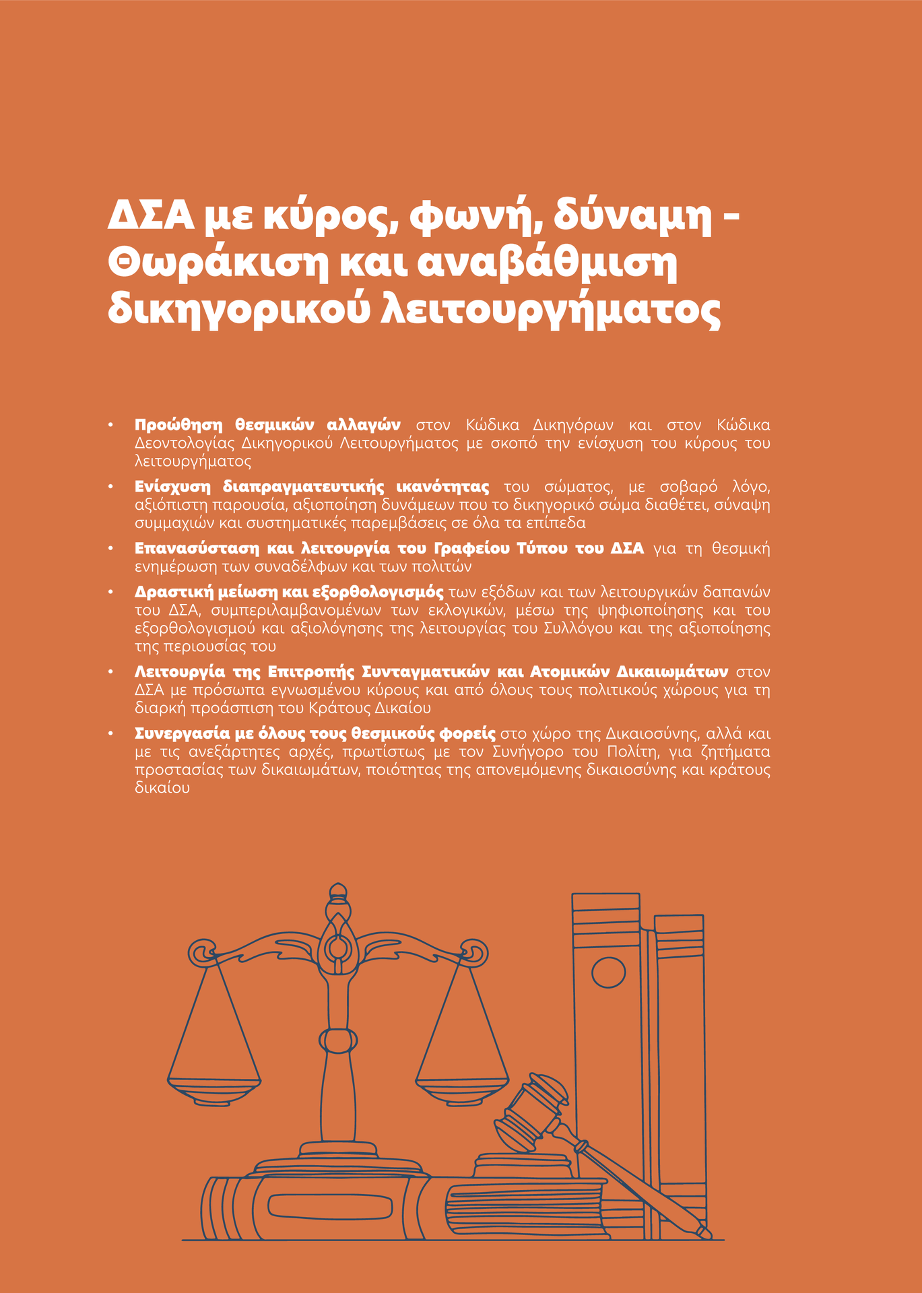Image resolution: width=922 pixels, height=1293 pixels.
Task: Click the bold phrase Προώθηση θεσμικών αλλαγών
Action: coord(267,425)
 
